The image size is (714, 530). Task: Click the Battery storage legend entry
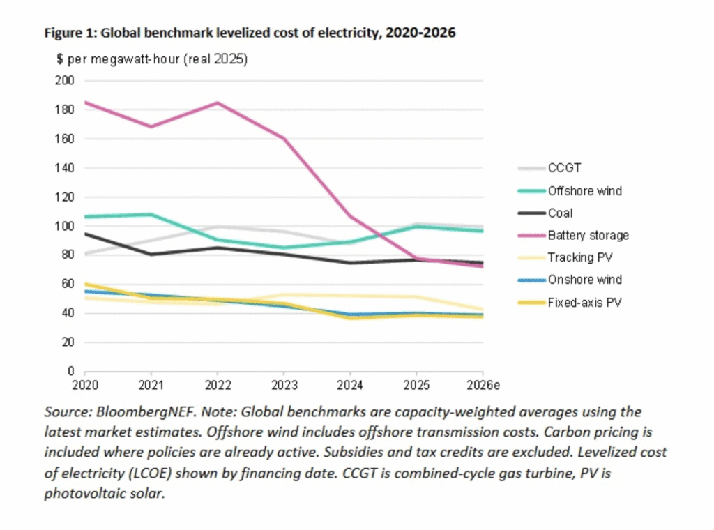(574, 236)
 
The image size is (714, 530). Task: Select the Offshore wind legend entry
(570, 191)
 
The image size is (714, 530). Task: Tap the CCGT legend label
(564, 168)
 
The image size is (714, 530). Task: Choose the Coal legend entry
(545, 213)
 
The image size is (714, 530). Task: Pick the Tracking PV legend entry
(565, 258)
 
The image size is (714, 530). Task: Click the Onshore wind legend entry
(570, 280)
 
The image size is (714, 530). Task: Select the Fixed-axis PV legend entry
(570, 303)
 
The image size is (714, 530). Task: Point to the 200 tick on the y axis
(65, 81)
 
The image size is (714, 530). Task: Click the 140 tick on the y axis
(65, 168)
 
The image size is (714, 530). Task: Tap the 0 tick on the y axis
(70, 371)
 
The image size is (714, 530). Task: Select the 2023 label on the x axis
(284, 386)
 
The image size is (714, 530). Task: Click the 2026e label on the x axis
(483, 386)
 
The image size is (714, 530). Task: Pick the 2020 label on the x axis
(85, 386)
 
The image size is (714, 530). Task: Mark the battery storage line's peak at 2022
(218, 103)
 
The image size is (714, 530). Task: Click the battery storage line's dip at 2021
(151, 127)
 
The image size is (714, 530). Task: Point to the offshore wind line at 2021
(151, 215)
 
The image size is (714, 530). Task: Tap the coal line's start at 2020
(85, 234)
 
